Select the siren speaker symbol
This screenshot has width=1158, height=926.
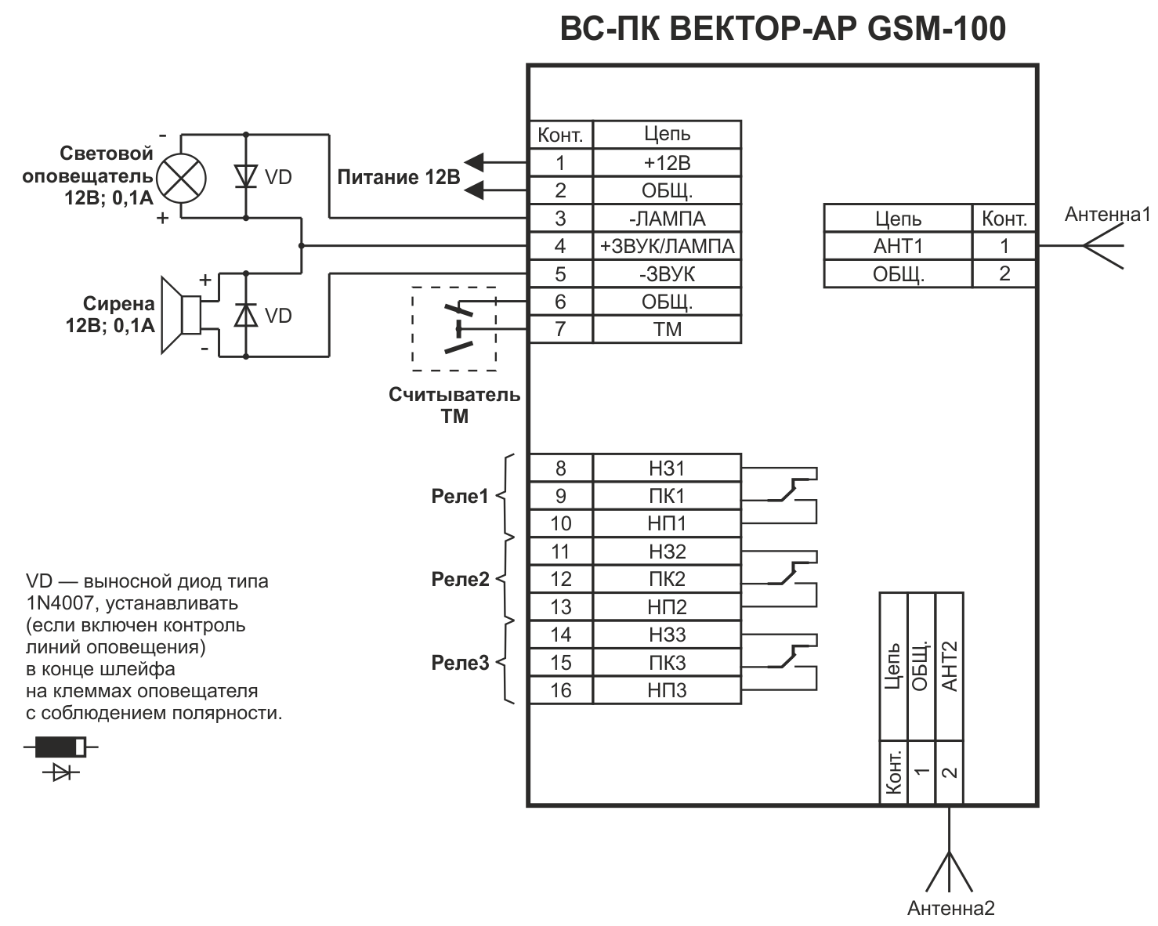pyautogui.click(x=181, y=315)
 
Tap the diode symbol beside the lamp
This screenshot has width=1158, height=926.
pyautogui.click(x=246, y=176)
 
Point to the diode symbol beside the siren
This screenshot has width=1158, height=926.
pyautogui.click(x=246, y=315)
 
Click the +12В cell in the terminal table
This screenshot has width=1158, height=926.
pyautogui.click(x=668, y=162)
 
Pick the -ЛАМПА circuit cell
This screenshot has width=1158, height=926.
pyautogui.click(x=668, y=219)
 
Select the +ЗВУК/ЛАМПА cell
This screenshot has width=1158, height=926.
pyautogui.click(x=668, y=247)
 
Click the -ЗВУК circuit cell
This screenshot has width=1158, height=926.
pyautogui.click(x=668, y=274)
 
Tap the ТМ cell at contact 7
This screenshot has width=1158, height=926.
pyautogui.click(x=668, y=329)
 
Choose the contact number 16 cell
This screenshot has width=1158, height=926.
pyautogui.click(x=561, y=690)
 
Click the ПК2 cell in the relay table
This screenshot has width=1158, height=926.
pyautogui.click(x=668, y=580)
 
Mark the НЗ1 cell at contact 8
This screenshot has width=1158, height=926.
pyautogui.click(x=668, y=468)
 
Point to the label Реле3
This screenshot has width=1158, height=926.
pyautogui.click(x=460, y=663)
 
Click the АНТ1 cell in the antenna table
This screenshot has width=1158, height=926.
pyautogui.click(x=898, y=247)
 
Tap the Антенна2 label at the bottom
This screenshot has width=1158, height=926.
pyautogui.click(x=951, y=908)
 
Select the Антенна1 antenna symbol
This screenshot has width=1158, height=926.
pyautogui.click(x=1103, y=246)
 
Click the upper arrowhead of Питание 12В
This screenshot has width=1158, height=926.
pyautogui.click(x=474, y=162)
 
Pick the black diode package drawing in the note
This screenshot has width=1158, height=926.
pyautogui.click(x=61, y=747)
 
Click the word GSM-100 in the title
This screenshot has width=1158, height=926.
pyautogui.click(x=937, y=29)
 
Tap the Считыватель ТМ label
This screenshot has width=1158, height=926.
pyautogui.click(x=454, y=406)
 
